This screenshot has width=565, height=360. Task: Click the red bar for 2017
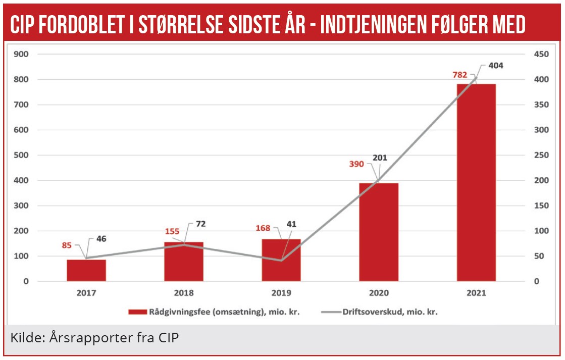(x=86, y=270)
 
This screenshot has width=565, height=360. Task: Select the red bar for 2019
(x=281, y=260)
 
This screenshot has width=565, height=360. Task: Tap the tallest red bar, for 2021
(x=476, y=182)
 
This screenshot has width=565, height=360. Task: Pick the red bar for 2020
(x=379, y=232)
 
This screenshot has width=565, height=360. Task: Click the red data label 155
(x=172, y=232)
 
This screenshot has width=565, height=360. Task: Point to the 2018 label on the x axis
(x=184, y=293)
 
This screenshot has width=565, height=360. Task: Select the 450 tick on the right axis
(x=542, y=54)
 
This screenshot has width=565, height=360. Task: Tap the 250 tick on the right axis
(x=542, y=155)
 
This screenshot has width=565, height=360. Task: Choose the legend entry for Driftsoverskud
(x=389, y=312)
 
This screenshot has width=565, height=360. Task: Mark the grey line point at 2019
(x=281, y=261)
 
